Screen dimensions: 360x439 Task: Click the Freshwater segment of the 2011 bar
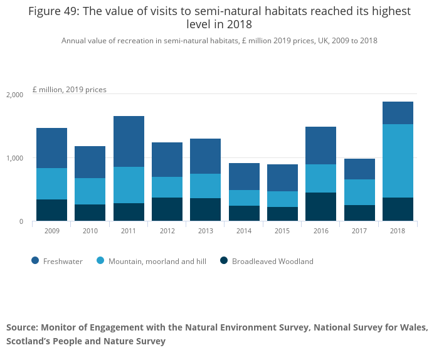[129, 141]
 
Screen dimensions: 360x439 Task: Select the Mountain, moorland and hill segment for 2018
[398, 161]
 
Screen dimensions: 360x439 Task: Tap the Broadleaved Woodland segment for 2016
[320, 206]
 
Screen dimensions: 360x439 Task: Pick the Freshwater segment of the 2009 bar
[51, 148]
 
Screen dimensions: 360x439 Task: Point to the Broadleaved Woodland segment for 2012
[167, 209]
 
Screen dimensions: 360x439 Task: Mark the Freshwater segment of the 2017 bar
[359, 169]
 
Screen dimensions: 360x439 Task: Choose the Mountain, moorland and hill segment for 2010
[90, 191]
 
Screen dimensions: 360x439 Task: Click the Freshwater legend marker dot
[35, 261]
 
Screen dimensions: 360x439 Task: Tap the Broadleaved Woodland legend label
[272, 261]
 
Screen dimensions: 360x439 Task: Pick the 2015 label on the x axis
[282, 231]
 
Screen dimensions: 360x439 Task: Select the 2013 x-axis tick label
[205, 231]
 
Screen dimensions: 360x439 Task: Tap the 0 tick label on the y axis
[21, 221]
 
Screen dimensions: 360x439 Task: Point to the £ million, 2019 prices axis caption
[69, 90]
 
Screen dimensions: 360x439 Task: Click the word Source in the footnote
[21, 327]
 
